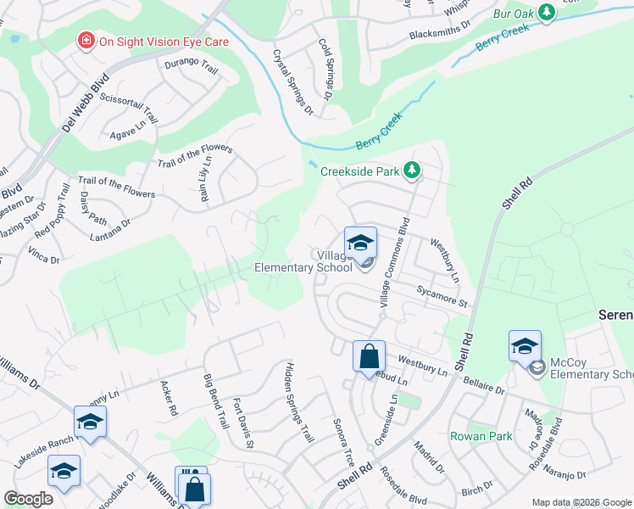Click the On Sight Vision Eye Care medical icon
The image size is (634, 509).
tap(85, 41)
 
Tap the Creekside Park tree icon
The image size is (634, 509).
tap(412, 171)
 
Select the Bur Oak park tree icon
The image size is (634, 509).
tap(548, 11)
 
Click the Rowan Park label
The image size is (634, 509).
tap(481, 436)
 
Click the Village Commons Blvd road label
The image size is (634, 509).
tap(395, 262)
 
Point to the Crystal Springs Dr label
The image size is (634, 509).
tap(292, 81)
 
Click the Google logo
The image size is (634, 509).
tap(28, 499)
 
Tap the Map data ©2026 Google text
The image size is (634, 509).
tap(581, 502)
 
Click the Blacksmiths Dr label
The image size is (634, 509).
tap(439, 31)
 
